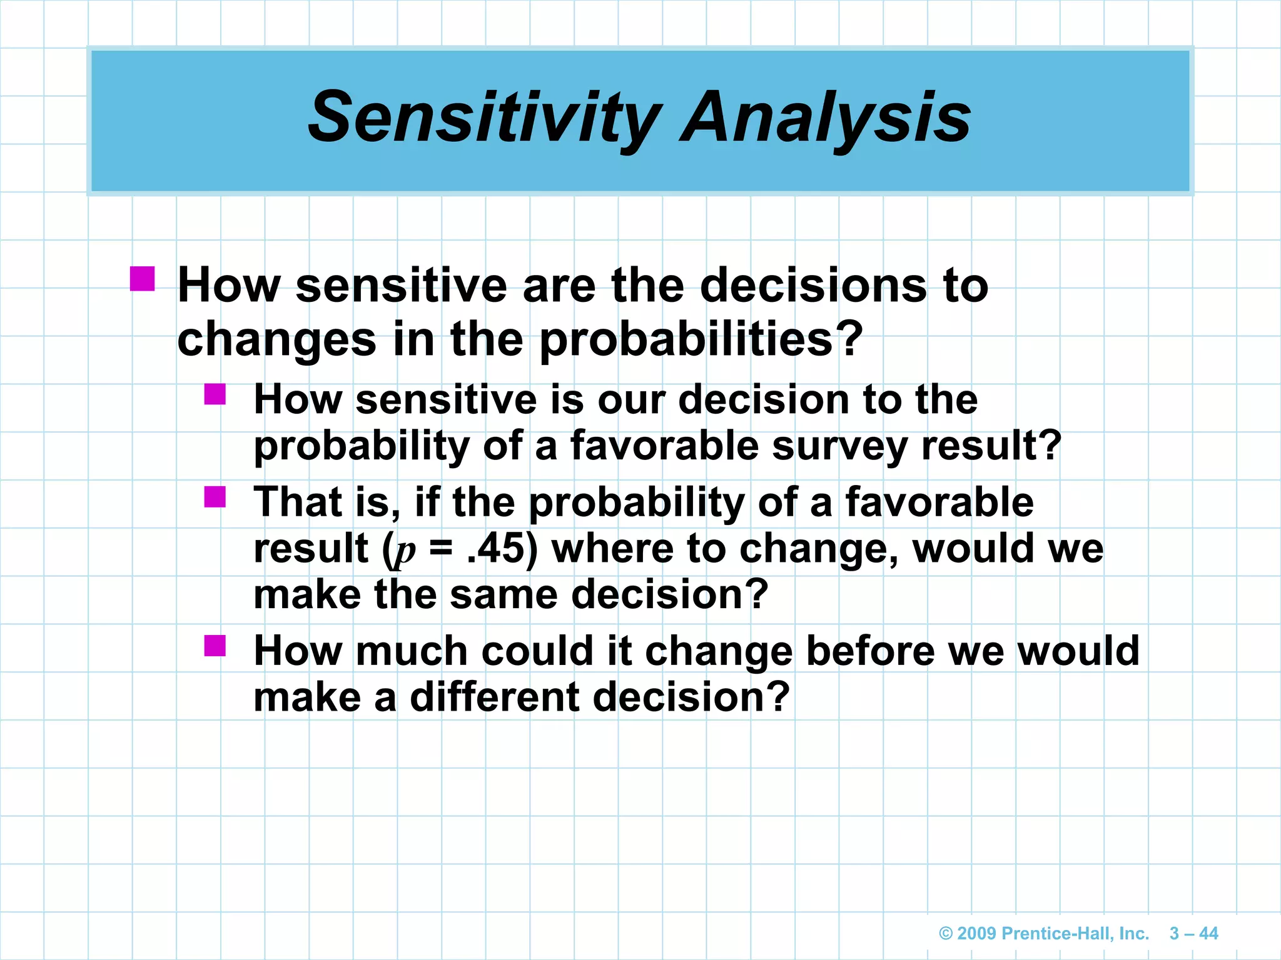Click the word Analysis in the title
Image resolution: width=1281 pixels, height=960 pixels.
[826, 117]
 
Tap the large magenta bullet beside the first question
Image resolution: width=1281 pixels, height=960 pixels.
[143, 279]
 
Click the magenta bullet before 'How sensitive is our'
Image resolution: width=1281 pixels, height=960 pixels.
[215, 394]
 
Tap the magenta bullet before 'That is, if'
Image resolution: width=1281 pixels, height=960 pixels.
[215, 497]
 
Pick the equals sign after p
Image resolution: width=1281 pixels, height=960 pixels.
[442, 548]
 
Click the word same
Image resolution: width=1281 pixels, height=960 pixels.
[504, 594]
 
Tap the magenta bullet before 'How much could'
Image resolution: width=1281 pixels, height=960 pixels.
[215, 646]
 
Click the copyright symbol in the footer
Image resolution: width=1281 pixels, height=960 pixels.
[946, 934]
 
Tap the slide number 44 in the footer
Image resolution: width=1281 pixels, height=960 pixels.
[1208, 934]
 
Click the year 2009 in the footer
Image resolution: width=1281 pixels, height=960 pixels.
[977, 934]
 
